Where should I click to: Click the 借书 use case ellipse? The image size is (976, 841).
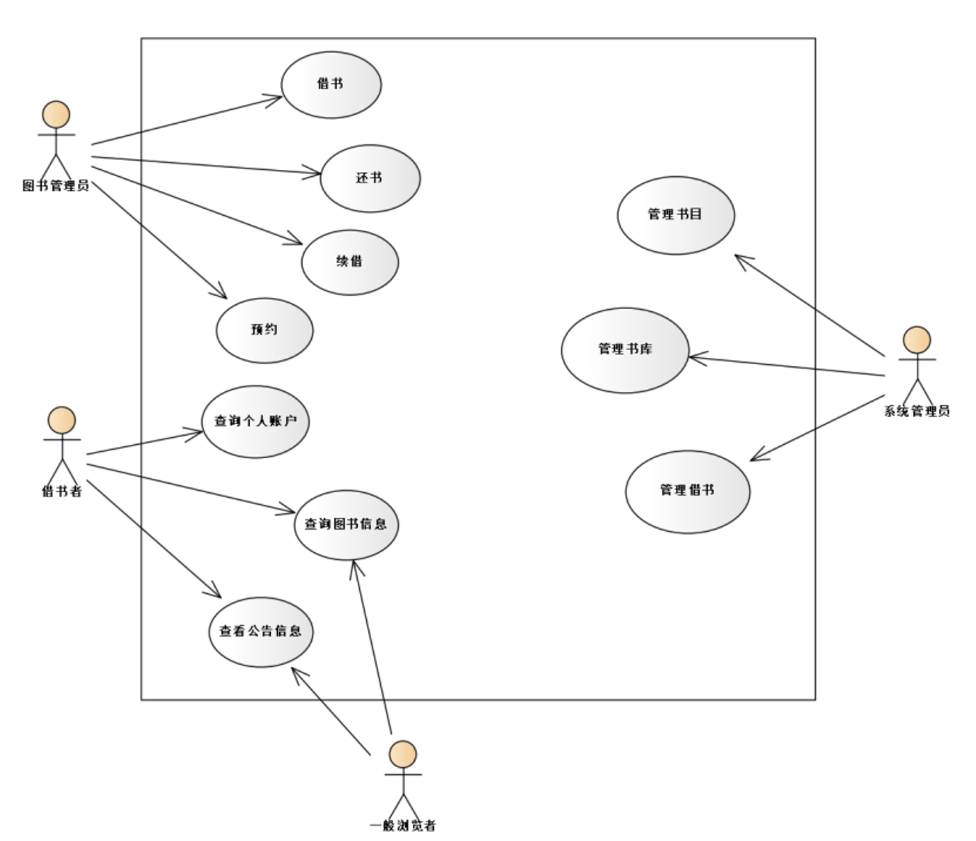pyautogui.click(x=331, y=84)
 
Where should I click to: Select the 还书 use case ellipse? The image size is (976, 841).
pyautogui.click(x=370, y=178)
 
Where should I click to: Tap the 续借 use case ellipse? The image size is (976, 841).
pyautogui.click(x=349, y=262)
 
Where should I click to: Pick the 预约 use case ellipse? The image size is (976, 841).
pyautogui.click(x=265, y=330)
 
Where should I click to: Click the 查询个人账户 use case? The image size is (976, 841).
pyautogui.click(x=255, y=421)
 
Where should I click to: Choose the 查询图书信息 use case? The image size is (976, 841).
pyautogui.click(x=346, y=524)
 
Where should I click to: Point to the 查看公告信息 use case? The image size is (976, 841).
pyautogui.click(x=260, y=631)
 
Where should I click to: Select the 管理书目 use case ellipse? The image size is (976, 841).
pyautogui.click(x=675, y=214)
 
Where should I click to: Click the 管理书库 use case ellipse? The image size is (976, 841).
pyautogui.click(x=624, y=349)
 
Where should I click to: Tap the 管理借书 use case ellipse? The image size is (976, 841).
pyautogui.click(x=687, y=491)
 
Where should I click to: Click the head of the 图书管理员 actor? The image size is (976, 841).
pyautogui.click(x=56, y=115)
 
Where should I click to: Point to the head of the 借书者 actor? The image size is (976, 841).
pyautogui.click(x=62, y=420)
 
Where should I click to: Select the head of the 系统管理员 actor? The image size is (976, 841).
pyautogui.click(x=917, y=340)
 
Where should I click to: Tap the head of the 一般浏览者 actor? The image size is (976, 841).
pyautogui.click(x=403, y=754)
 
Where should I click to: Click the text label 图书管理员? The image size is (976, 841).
pyautogui.click(x=56, y=186)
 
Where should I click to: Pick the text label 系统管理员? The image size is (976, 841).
pyautogui.click(x=917, y=411)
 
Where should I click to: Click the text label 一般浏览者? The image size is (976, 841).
pyautogui.click(x=403, y=826)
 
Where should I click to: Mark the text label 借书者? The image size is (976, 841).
pyautogui.click(x=62, y=492)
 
